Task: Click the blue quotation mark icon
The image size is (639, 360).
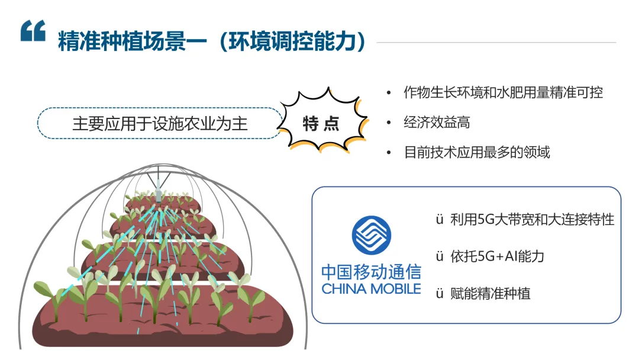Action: [33, 31]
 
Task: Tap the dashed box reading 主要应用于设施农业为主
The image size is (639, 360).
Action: [160, 123]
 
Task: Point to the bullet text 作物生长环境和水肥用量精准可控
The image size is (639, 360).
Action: [503, 92]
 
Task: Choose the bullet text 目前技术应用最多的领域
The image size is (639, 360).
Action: [476, 152]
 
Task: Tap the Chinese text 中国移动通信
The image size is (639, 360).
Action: [371, 272]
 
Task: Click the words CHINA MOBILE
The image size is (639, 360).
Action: [371, 289]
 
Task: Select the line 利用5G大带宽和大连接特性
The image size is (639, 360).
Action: [532, 220]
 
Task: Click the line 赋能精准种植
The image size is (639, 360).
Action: [490, 293]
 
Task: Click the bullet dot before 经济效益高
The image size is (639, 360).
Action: [389, 123]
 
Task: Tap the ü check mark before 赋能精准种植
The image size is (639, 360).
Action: [440, 293]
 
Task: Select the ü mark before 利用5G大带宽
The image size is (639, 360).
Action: [440, 220]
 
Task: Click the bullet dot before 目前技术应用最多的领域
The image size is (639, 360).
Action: [389, 153]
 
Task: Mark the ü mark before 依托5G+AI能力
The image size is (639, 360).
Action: [440, 256]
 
